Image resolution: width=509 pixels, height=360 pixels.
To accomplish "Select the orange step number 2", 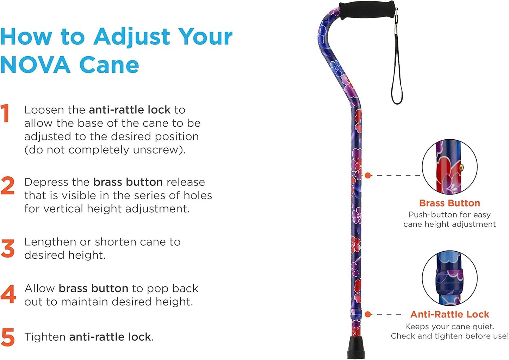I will tap(7, 185).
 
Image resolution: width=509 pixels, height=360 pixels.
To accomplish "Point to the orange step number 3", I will tap(7, 248).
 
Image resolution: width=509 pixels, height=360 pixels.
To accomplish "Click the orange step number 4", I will tap(8, 294).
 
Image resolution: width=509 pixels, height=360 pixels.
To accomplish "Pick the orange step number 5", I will tap(8, 337).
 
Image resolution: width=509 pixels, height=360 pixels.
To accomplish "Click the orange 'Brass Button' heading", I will tap(449, 203).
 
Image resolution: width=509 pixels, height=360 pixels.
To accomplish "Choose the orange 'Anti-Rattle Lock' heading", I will tap(450, 314).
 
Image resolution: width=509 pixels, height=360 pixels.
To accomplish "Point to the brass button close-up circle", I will tap(450, 166).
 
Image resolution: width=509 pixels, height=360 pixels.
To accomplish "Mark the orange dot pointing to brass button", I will tap(368, 175).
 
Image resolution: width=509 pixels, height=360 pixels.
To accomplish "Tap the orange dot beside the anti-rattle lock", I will tap(368, 314).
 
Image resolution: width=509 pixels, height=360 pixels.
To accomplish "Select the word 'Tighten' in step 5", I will tap(45, 337).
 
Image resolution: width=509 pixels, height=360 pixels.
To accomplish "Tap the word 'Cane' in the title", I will tap(109, 65).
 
